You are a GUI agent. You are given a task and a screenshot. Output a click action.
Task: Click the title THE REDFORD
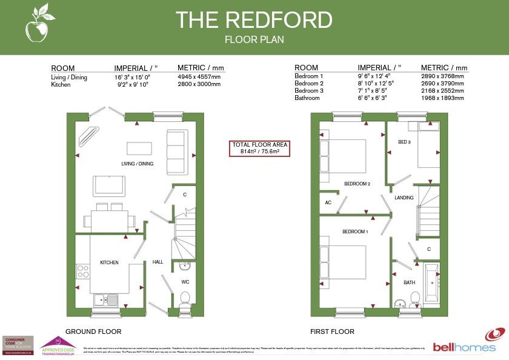[x=254, y=20]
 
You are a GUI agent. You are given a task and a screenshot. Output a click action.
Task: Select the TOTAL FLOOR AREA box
[x=260, y=148]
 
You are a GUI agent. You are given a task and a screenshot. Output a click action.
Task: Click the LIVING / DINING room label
[x=137, y=164]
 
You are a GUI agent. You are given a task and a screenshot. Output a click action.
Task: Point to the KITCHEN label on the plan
[x=109, y=262]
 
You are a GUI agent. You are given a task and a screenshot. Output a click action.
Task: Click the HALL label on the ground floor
[x=158, y=262]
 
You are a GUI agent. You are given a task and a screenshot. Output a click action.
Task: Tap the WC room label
[x=185, y=282]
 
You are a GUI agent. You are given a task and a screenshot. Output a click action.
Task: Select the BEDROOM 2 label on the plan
[x=357, y=184]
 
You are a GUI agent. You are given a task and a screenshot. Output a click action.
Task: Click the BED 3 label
[x=404, y=142]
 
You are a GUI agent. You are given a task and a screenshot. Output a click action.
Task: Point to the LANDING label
[x=404, y=198]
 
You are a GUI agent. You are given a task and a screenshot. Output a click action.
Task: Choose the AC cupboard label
[x=328, y=202]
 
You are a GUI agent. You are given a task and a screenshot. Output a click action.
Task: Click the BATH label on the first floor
[x=409, y=282]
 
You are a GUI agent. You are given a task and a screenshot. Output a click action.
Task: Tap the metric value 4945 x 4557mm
[x=199, y=77]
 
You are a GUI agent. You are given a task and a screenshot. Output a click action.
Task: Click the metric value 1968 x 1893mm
[x=442, y=97]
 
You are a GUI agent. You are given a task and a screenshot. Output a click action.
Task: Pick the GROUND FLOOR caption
[x=93, y=332]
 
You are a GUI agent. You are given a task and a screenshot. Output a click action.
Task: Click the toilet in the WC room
[x=185, y=298]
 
